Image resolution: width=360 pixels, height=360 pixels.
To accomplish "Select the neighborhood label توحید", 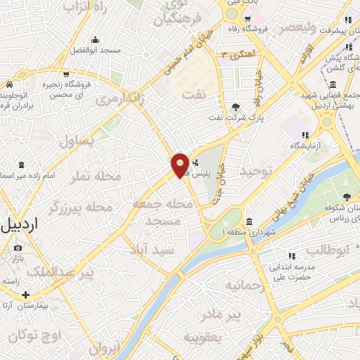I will point(255,171).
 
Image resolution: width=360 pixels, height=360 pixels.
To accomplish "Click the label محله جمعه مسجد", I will point(162,212).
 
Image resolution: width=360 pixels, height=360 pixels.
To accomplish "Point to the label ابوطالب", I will point(323,249).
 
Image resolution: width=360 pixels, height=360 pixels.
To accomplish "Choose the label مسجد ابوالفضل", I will point(95,51).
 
